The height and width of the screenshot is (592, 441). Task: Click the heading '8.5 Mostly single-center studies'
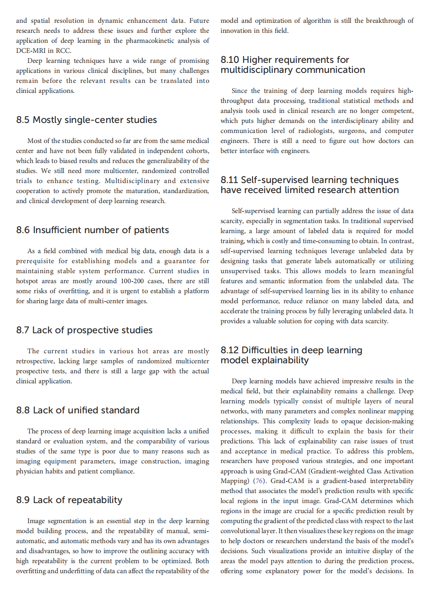tap(87, 120)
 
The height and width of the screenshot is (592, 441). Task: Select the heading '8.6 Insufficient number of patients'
tap(93, 230)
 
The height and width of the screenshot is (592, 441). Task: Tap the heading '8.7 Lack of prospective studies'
tap(84, 330)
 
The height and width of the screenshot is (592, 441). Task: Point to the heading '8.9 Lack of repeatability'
tap(69, 500)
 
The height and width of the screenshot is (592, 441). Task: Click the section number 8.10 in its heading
tap(230, 60)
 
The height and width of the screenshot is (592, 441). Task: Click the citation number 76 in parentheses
tap(259, 481)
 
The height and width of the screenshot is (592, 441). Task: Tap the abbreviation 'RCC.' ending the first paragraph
tap(63, 50)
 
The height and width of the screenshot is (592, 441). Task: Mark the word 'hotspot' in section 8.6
tap(27, 281)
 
